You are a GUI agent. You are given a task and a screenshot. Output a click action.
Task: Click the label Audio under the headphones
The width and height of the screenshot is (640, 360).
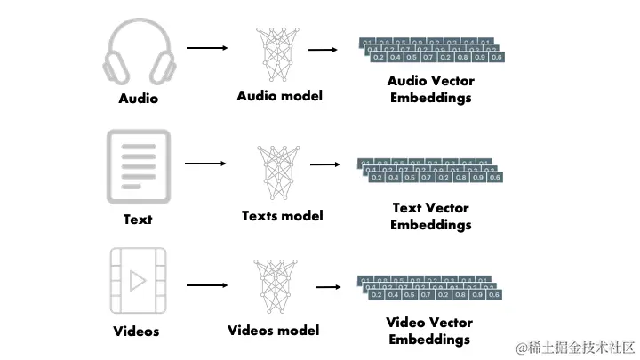coord(138,99)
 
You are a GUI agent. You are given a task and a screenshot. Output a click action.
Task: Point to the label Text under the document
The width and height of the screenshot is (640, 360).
coord(138,219)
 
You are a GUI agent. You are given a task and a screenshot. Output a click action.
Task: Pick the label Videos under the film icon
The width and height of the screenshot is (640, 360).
coord(137,332)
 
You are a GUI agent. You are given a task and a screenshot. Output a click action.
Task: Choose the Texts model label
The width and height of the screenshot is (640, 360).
coord(282,215)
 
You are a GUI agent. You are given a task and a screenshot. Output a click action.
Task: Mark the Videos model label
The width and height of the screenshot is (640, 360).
coord(273,331)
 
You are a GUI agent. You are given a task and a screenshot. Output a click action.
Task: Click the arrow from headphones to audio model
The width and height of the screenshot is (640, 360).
coord(206,47)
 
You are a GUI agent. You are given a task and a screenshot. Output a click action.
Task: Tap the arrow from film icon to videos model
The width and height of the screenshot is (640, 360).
coord(206,285)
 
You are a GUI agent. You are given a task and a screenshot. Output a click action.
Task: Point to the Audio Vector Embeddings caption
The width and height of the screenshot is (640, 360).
coord(430,89)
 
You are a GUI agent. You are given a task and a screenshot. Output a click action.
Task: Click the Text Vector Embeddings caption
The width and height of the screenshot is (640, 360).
coord(430,216)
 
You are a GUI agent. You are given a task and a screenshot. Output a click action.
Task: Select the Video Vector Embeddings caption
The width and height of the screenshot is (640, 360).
coord(430,331)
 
